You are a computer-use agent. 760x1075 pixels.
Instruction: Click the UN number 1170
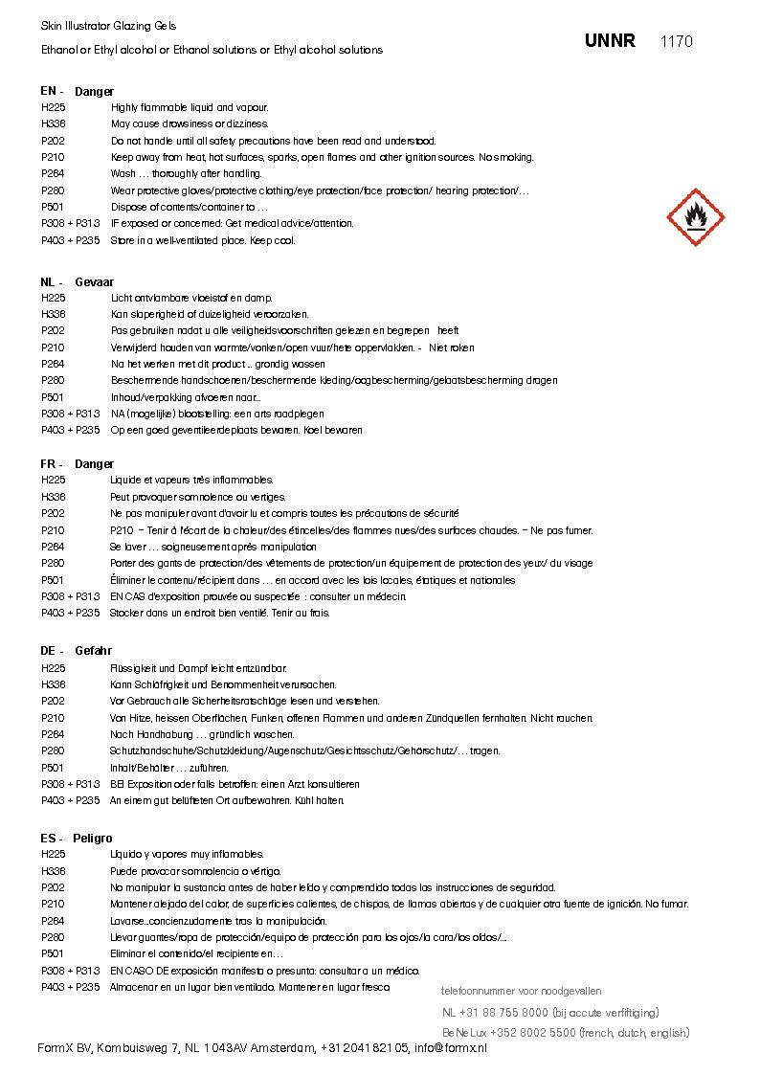tap(677, 41)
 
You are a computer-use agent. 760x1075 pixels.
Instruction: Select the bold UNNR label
tap(610, 41)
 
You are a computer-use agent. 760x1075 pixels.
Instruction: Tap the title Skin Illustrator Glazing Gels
tap(108, 26)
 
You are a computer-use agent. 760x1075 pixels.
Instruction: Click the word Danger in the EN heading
tap(94, 91)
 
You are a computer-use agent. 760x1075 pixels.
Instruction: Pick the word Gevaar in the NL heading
tap(94, 282)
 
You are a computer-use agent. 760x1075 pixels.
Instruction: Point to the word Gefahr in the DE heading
tap(93, 651)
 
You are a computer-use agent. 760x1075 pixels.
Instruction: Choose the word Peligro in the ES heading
tap(92, 838)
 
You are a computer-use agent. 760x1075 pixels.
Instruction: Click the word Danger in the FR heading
tap(94, 464)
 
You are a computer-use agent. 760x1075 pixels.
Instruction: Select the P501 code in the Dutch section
tap(53, 397)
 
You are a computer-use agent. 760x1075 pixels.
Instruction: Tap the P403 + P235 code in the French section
tap(70, 613)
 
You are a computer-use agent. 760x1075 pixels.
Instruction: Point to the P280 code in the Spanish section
tap(53, 937)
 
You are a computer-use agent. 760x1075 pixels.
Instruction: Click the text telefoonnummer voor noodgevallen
tap(521, 991)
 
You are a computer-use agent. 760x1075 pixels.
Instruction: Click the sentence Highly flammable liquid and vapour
tap(190, 107)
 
